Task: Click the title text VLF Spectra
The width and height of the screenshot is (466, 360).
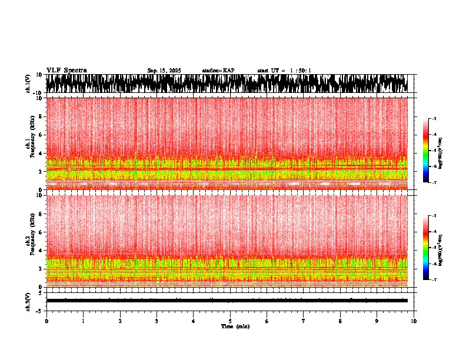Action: [x=66, y=71]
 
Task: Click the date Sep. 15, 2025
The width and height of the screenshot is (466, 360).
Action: [x=164, y=71]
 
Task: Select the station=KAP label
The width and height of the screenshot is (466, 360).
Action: [x=218, y=71]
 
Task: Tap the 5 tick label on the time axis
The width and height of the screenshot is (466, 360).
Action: [x=230, y=321]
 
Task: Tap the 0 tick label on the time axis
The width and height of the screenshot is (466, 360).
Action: [x=46, y=321]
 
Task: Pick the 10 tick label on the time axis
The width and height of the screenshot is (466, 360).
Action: [x=414, y=321]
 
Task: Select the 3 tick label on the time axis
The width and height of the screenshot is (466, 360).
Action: [x=157, y=321]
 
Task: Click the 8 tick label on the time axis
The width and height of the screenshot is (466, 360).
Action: [x=340, y=321]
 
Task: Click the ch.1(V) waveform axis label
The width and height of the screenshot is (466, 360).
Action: [x=28, y=84]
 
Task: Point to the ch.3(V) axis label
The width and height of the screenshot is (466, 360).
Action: [x=28, y=301]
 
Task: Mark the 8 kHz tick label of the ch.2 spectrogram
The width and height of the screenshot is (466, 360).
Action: [x=41, y=214]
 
